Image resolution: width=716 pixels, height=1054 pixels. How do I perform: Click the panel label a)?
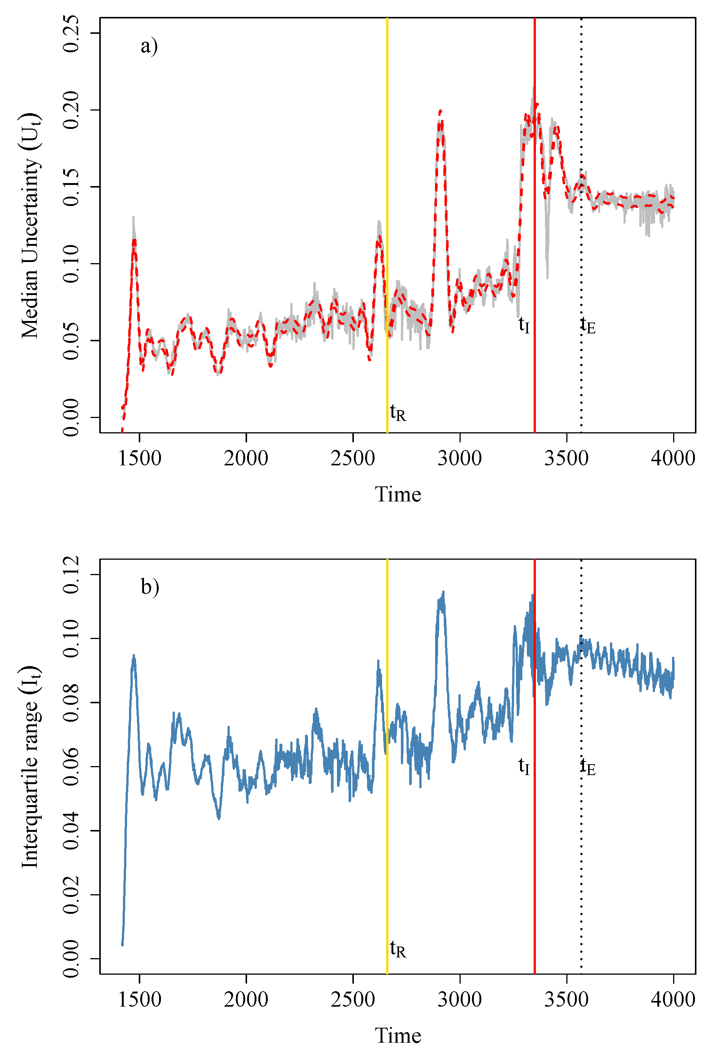(149, 46)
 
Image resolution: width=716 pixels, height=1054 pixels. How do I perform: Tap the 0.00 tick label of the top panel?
(71, 417)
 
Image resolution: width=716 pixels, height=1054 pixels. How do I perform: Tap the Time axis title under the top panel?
(398, 494)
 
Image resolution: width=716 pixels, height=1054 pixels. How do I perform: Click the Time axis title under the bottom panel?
(398, 1036)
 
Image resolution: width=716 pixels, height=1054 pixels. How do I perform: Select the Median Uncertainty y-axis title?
(30, 226)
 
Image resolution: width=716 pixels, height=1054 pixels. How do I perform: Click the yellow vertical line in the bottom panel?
(387, 766)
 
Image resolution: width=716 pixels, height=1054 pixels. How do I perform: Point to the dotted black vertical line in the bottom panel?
(581, 766)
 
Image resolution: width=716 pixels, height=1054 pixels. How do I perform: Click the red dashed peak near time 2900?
(440, 112)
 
